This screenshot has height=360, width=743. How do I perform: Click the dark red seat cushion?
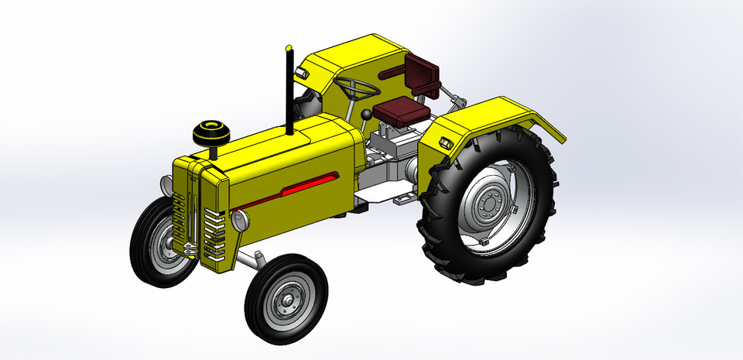(401, 111)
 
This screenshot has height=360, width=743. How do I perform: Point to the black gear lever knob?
(365, 115)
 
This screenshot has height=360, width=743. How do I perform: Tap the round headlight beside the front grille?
(240, 220)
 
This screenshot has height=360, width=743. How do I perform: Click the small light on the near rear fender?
(447, 144)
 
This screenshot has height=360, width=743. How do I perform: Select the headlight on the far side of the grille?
(166, 184)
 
